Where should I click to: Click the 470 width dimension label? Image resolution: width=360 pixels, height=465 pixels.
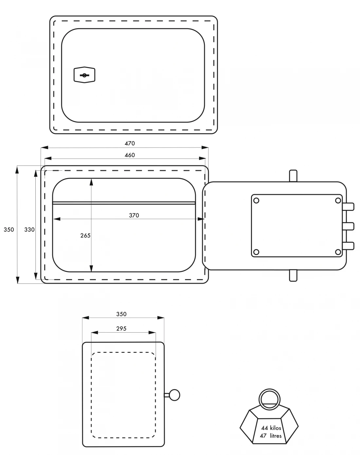coord(130,143)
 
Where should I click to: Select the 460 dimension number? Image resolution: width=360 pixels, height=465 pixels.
coord(130,155)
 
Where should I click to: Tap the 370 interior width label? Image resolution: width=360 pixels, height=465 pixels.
coord(134,215)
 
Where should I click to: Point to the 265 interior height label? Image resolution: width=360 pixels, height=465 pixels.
coord(85,235)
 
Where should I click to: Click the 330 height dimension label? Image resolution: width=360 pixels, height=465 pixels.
coord(29,230)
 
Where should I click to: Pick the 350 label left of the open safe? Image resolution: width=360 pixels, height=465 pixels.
coord(9,230)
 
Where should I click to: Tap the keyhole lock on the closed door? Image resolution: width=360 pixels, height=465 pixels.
coord(84,75)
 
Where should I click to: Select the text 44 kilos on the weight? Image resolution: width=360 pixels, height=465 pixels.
coord(271,428)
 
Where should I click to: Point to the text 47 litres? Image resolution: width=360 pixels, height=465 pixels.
coord(271,436)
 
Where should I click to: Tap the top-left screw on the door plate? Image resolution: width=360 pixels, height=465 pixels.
coord(256,200)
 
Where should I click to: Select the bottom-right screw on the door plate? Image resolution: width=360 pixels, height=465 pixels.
coord(338,252)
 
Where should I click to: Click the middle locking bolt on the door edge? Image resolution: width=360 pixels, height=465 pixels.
coord(348,226)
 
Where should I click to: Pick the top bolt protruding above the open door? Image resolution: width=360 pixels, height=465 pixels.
coord(293,176)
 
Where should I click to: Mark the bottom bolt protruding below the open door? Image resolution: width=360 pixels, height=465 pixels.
coord(293,275)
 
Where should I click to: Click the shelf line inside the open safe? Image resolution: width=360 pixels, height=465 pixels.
coord(124,203)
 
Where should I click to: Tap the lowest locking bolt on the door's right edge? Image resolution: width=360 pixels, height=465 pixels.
coord(348,246)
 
